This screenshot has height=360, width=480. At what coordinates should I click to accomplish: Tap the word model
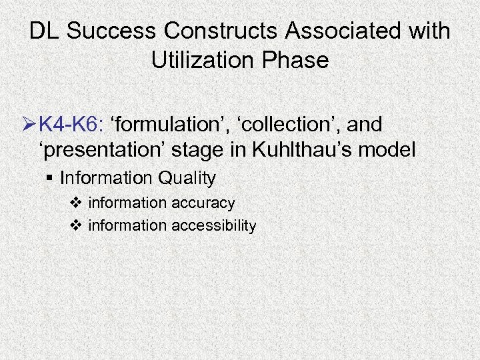tap(389, 150)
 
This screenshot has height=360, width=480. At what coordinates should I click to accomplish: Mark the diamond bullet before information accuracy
tap(76, 203)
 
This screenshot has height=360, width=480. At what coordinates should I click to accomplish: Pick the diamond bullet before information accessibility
tap(76, 226)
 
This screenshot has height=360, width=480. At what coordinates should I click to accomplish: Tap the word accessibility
tap(213, 226)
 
